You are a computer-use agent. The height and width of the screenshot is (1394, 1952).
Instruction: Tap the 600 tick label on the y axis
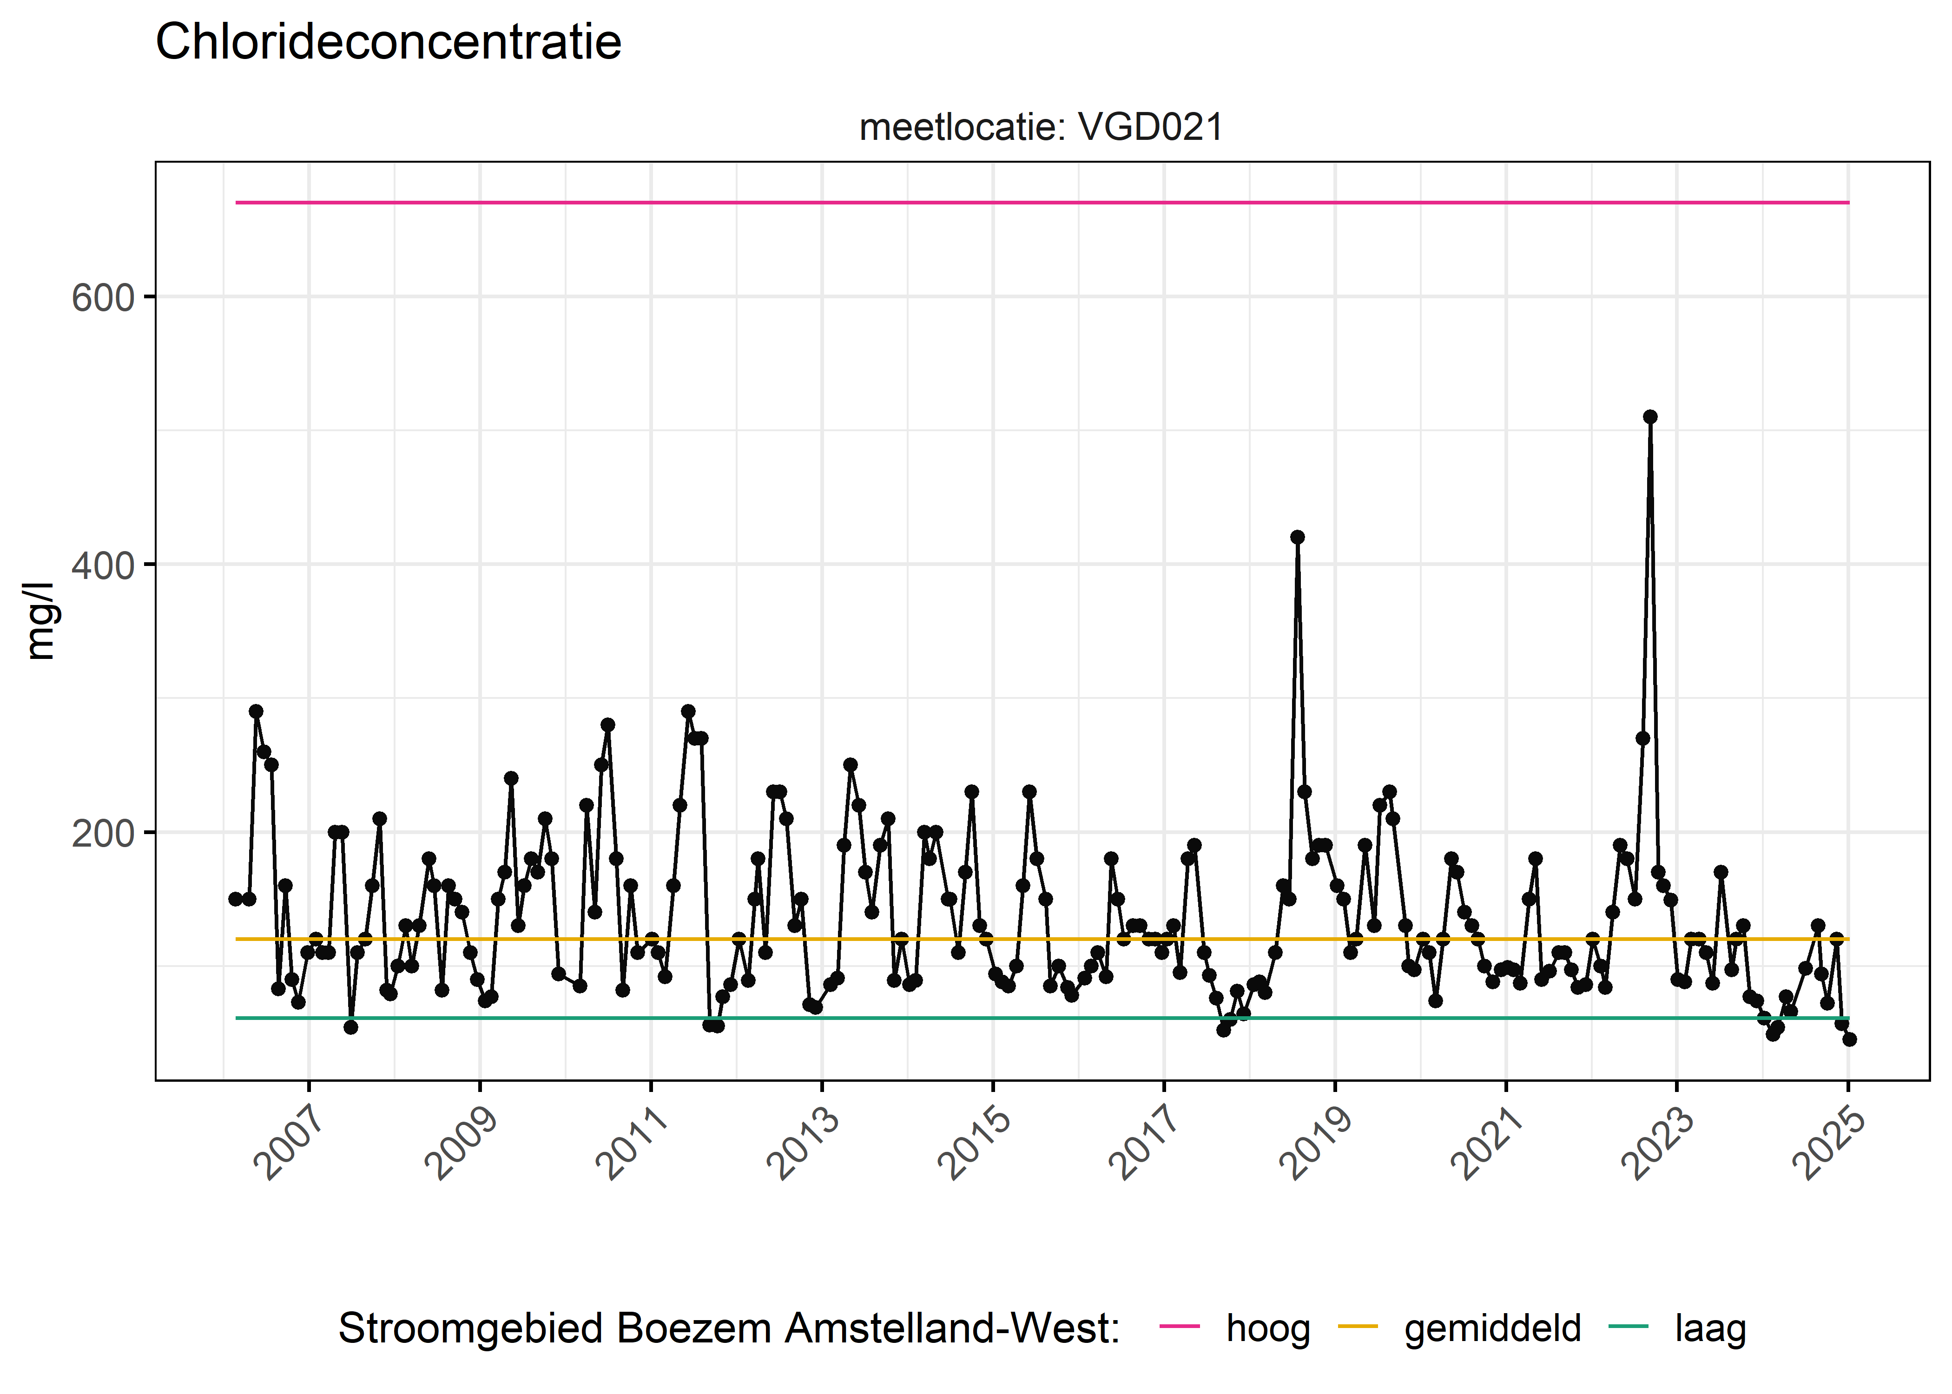(103, 299)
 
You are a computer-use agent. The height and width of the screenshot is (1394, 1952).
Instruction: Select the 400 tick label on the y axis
(103, 565)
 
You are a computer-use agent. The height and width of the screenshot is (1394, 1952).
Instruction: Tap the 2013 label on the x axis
(805, 1144)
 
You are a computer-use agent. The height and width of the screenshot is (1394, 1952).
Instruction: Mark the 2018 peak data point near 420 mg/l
(1297, 537)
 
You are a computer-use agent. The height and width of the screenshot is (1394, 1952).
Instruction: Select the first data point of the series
(235, 899)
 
